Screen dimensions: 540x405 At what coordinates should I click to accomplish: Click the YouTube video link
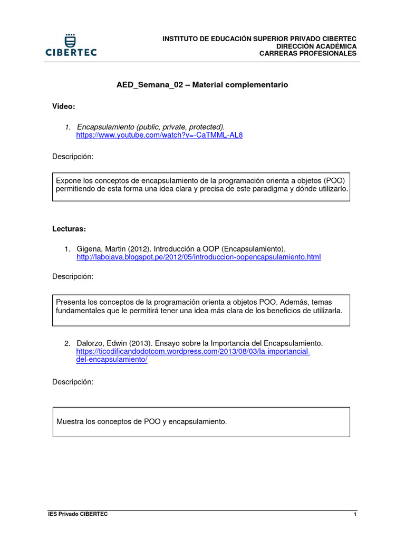(159, 135)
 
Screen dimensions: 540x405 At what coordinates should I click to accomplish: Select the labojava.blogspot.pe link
(198, 257)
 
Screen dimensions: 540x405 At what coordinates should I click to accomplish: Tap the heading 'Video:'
(63, 107)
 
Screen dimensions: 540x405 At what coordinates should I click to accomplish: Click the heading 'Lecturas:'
(69, 229)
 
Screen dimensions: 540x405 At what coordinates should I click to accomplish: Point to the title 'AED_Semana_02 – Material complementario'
(202, 84)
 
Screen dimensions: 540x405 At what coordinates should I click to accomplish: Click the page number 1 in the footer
(355, 514)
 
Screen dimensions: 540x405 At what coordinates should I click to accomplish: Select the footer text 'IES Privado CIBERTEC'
(78, 514)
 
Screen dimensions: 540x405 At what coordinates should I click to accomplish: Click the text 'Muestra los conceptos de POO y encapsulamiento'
(141, 421)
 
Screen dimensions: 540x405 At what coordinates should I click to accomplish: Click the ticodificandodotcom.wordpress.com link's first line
(193, 351)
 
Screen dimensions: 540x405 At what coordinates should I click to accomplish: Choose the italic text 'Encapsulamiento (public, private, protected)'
(151, 127)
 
